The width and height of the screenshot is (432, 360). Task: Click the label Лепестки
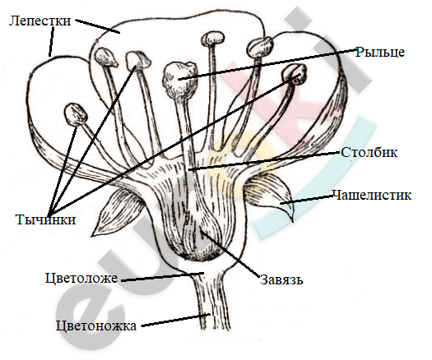coord(40,21)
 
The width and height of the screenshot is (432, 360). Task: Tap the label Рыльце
coord(380,52)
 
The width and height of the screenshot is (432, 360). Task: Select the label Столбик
coord(369,152)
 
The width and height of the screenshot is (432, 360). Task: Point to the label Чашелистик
coord(372,195)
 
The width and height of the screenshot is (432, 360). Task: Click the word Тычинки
coord(46,220)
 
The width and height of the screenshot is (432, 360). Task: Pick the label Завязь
coord(281,279)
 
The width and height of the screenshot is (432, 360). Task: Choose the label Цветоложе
coord(81,278)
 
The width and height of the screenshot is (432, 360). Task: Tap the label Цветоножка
coord(96,325)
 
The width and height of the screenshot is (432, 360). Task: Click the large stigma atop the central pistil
coord(180,79)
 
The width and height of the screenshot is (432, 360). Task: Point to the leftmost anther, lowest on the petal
coord(76,114)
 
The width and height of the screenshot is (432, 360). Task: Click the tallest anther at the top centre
coord(212,39)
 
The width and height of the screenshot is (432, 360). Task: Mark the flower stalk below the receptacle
coord(212,302)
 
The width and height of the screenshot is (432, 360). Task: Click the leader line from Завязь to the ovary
coord(230,253)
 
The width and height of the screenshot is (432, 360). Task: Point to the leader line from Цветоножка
coord(176,320)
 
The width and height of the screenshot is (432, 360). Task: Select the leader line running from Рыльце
coord(267,64)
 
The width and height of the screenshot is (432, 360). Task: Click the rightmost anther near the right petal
coord(295,74)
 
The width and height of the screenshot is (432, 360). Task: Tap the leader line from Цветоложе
coord(163,277)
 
